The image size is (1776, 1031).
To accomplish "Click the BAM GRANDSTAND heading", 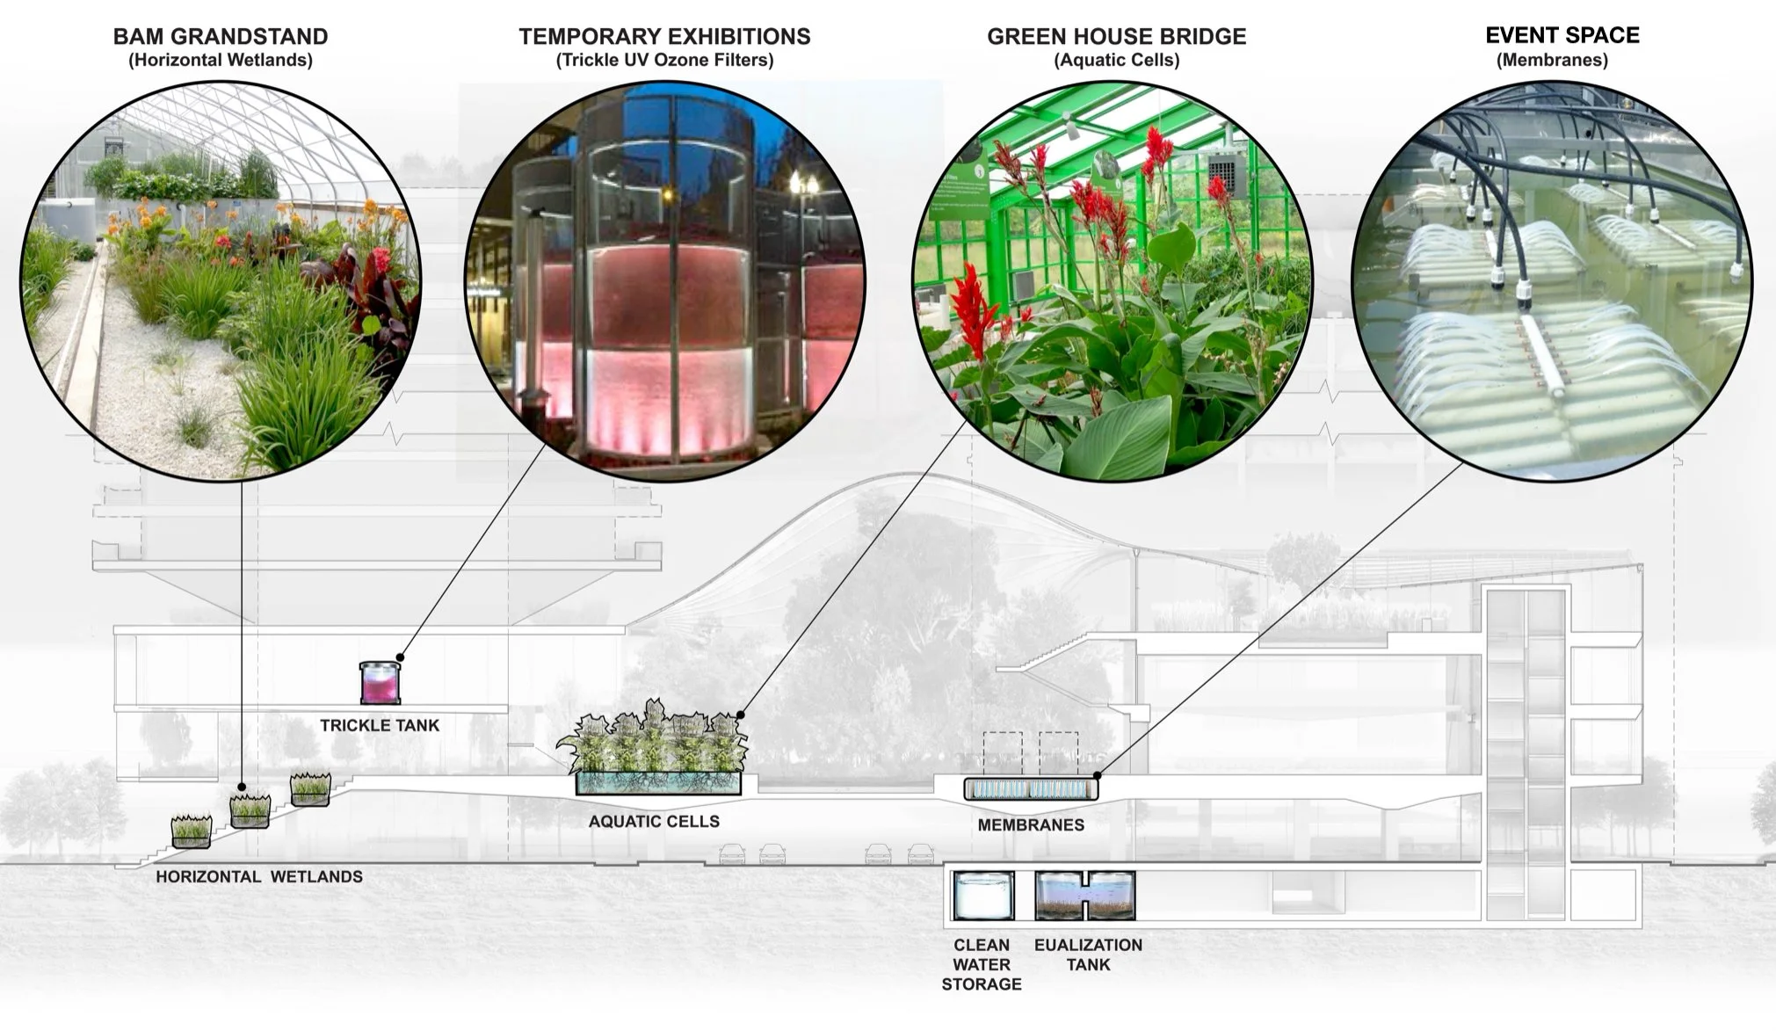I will (221, 37).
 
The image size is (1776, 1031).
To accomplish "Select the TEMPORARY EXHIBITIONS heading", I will (664, 37).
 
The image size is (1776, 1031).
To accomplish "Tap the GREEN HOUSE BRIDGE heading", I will (1116, 37).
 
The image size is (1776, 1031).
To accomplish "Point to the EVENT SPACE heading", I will (1562, 35).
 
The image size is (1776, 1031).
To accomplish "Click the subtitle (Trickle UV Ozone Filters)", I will (664, 61).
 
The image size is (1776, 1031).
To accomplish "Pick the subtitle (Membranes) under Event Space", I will (1552, 61).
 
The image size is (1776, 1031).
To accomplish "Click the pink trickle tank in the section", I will (381, 683).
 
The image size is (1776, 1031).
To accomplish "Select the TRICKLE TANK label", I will (380, 726).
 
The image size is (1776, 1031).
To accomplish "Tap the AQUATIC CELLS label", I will (654, 822).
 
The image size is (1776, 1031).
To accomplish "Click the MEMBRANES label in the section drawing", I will (1031, 825).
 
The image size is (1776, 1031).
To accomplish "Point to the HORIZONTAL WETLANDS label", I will (259, 877).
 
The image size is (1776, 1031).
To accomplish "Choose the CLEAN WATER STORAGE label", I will (982, 964).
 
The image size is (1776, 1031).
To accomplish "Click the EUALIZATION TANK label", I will (1088, 955).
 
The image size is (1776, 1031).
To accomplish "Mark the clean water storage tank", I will (983, 896).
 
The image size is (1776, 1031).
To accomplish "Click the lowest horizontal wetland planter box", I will (191, 832).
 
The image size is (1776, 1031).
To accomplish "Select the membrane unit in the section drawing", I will (1030, 789).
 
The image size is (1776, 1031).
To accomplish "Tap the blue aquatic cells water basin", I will (657, 784).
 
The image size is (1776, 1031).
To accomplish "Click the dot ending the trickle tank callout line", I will (400, 657).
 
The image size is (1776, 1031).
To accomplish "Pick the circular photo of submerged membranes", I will (1551, 281).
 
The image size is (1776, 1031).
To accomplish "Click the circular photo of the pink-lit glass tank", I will (664, 281).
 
